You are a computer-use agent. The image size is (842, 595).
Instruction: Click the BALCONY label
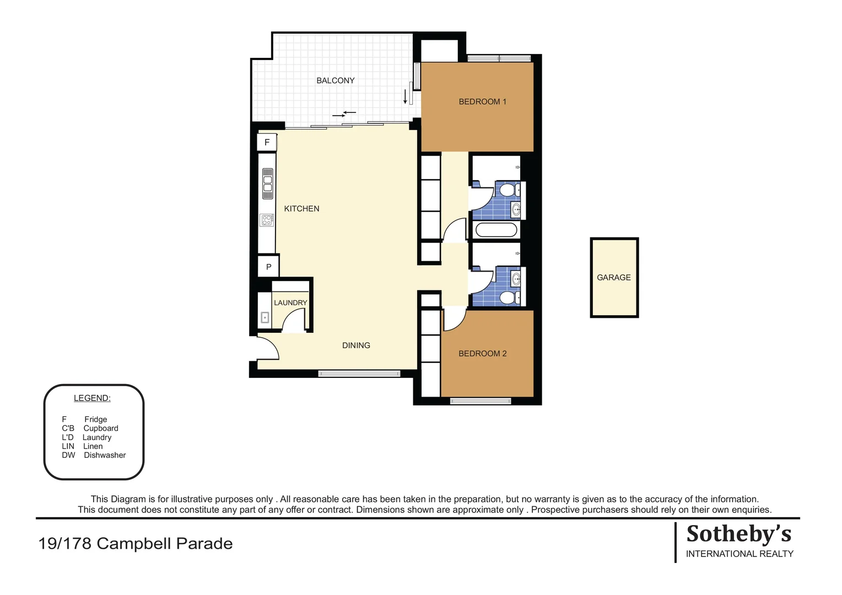pos(335,80)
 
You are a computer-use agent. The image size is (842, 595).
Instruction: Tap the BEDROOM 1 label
pos(482,101)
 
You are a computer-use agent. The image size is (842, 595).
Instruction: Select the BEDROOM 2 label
pos(482,354)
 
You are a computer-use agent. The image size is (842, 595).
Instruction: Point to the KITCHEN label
pos(301,209)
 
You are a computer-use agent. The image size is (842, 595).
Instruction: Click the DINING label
pos(356,345)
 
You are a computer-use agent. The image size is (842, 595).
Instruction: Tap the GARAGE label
pos(613,278)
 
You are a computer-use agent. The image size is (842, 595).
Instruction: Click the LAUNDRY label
pos(290,303)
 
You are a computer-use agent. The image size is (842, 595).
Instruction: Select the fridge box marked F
pos(267,143)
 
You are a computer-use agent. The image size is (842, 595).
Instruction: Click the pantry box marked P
pos(268,267)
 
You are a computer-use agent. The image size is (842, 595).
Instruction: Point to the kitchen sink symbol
pos(267,183)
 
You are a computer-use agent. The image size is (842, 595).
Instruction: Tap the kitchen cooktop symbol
pos(267,220)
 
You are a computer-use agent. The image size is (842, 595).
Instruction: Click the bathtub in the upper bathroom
pos(496,230)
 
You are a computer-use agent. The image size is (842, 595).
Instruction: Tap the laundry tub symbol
pos(265,317)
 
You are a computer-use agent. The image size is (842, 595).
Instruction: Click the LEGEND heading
pos(92,398)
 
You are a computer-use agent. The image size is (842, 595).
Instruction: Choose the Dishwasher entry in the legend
pos(94,455)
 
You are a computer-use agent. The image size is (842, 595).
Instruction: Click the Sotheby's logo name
pos(738,534)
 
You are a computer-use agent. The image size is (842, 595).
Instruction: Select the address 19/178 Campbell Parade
pos(136,544)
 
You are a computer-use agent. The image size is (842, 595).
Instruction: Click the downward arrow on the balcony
pos(405,97)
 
